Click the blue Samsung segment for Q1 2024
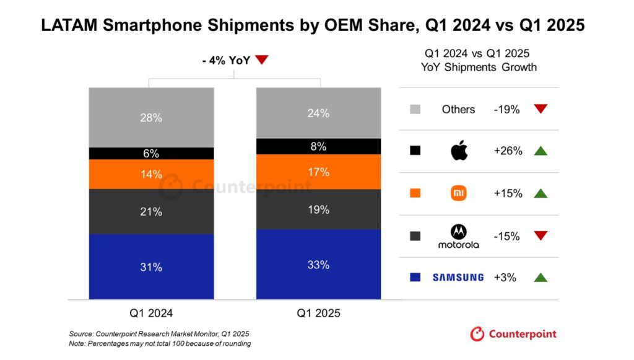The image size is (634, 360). point(151,267)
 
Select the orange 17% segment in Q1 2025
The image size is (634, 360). point(318,172)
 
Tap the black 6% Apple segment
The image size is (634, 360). point(151,154)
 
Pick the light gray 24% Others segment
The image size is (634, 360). point(318,113)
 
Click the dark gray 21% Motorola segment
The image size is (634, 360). point(151,211)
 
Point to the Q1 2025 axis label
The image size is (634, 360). point(318,313)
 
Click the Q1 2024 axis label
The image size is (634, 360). point(151,313)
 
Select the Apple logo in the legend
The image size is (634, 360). point(459,151)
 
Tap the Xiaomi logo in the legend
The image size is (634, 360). point(458,193)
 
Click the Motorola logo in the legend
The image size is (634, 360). point(458,235)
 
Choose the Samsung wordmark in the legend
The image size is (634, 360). point(458,278)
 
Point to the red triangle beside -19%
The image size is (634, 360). point(541,109)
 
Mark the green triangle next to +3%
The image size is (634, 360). point(541,278)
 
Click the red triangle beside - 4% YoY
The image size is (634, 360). point(262,59)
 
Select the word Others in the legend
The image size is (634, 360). point(458,109)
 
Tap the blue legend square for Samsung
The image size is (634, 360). point(415,278)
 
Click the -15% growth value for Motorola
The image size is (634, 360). point(507,236)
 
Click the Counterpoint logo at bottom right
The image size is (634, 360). point(513,334)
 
